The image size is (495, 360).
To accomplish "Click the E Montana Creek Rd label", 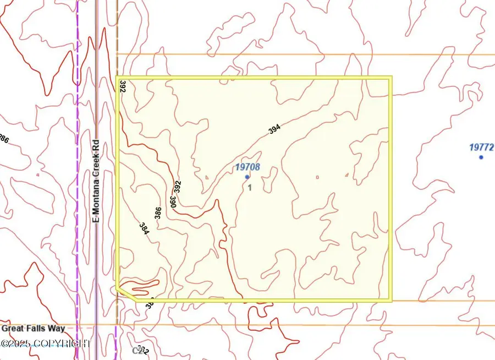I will tap(96, 180).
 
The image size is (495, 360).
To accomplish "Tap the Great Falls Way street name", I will tap(34, 329).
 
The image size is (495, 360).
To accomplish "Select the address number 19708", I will tap(248, 167).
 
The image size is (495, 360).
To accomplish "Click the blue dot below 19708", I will tap(248, 177).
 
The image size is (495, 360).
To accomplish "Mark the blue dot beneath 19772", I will tap(481, 157).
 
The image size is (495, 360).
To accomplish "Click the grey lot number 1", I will tap(250, 188).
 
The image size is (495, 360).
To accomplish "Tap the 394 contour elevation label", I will tap(274, 129).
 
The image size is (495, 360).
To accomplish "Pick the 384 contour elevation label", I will tap(144, 228).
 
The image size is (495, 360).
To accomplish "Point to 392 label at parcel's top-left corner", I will tap(122, 86).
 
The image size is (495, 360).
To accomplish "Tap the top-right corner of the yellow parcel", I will tap(390, 78).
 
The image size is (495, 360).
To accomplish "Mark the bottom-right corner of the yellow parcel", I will tap(391, 301).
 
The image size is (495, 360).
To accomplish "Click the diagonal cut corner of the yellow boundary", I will tap(127, 293).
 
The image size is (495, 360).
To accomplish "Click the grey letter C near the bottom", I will tap(135, 350).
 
